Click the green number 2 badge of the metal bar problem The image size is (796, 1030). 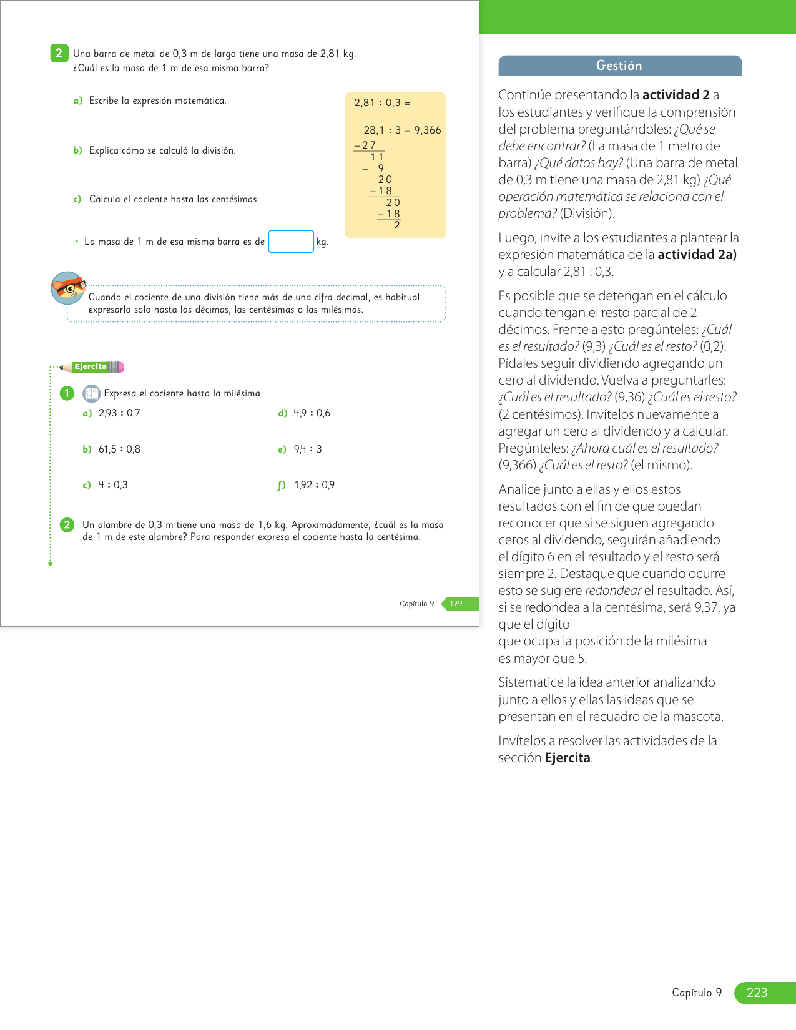pos(59,53)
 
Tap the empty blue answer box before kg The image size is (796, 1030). pos(291,242)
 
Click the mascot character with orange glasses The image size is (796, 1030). pos(67,288)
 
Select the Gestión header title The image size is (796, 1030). pos(619,66)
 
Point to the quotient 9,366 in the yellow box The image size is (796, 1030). pos(428,130)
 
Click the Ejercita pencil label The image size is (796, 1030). pos(91,367)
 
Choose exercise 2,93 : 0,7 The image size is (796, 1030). pos(119,413)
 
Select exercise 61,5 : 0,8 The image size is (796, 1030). pos(119,449)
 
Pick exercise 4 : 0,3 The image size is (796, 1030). pos(113,485)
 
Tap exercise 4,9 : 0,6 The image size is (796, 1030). pos(312,413)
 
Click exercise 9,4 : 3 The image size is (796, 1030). pos(308,449)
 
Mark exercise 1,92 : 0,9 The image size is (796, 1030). pos(314,485)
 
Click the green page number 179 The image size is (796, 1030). pos(456,604)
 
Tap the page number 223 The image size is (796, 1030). pos(757,993)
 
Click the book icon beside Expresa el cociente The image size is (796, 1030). pos(91,393)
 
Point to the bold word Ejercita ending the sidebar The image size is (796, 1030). pos(567,758)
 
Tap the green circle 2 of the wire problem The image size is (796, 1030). pos(67,525)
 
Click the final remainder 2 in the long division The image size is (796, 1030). pos(397,225)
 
